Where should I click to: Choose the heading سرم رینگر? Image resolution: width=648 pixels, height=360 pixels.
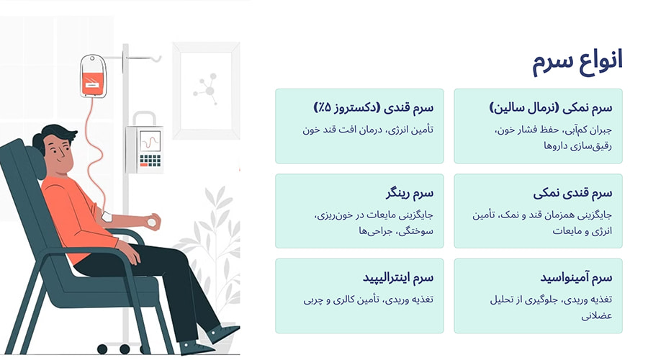[x=409, y=193]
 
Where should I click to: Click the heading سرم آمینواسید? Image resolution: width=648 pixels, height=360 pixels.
[x=575, y=277]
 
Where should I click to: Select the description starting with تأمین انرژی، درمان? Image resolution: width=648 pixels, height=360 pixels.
[x=370, y=130]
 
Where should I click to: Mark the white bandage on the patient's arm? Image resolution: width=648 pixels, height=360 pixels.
[x=107, y=216]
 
